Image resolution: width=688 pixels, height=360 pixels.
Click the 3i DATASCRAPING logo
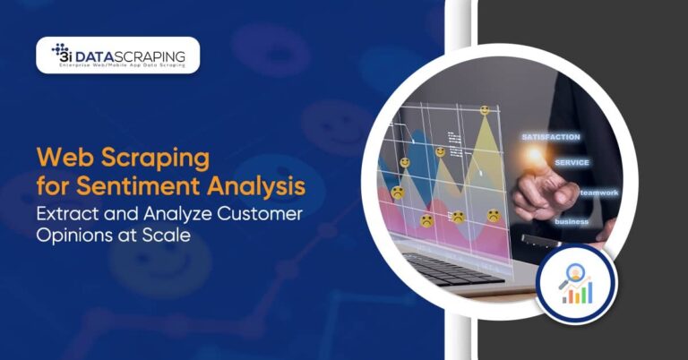coord(117,56)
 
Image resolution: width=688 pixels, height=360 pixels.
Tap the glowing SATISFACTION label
coord(550,137)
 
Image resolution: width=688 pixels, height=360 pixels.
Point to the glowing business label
coord(571,220)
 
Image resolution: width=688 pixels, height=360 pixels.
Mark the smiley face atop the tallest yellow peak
coord(485,110)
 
